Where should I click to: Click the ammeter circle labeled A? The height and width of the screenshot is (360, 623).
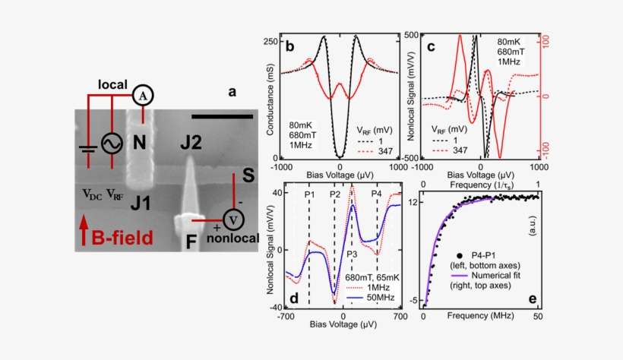143,96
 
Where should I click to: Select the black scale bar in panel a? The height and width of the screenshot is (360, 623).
222,117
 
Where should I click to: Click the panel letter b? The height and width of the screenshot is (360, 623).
289,47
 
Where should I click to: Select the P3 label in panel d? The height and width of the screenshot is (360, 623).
352,254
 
